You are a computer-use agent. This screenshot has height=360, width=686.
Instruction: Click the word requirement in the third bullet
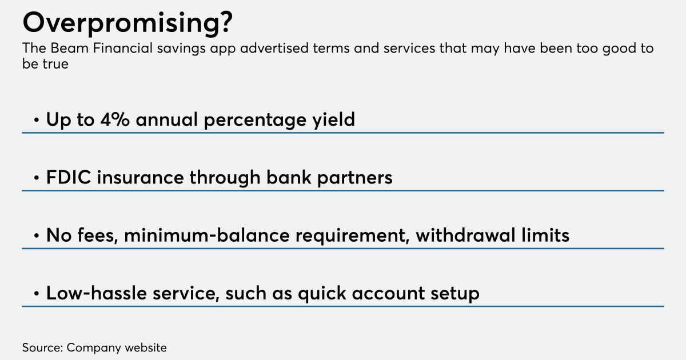tap(348, 235)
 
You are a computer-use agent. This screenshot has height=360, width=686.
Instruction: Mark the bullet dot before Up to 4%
tap(37, 121)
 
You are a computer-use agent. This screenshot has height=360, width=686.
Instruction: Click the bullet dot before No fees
tap(37, 236)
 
